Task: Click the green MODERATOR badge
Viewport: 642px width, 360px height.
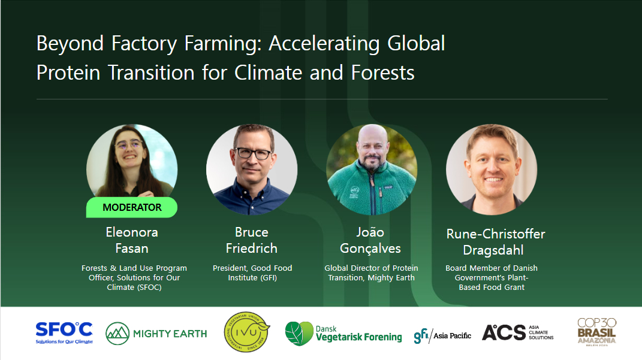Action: (x=132, y=207)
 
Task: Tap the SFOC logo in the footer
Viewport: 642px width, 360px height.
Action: (x=64, y=333)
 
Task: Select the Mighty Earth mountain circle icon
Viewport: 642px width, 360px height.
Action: (x=117, y=334)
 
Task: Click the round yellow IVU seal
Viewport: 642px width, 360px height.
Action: (x=247, y=332)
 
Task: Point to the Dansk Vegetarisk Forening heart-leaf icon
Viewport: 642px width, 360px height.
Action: (x=299, y=334)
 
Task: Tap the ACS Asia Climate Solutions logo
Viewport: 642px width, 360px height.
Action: (x=517, y=332)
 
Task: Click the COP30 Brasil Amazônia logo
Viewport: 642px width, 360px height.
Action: (x=596, y=332)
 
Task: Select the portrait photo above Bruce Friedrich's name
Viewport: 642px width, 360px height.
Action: (x=252, y=170)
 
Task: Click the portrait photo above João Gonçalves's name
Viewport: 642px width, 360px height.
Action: (x=372, y=170)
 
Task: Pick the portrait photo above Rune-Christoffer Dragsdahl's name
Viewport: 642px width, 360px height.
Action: (x=492, y=170)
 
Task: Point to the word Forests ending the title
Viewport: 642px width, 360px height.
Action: (x=383, y=73)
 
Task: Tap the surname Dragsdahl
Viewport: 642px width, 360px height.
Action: (x=493, y=250)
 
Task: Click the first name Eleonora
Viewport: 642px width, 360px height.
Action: (x=132, y=232)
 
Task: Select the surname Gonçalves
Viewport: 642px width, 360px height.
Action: (x=370, y=249)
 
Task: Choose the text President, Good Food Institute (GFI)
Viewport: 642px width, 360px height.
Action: (x=252, y=273)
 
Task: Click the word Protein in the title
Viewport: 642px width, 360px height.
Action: (x=68, y=73)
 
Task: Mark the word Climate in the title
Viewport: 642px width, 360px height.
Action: (x=268, y=73)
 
